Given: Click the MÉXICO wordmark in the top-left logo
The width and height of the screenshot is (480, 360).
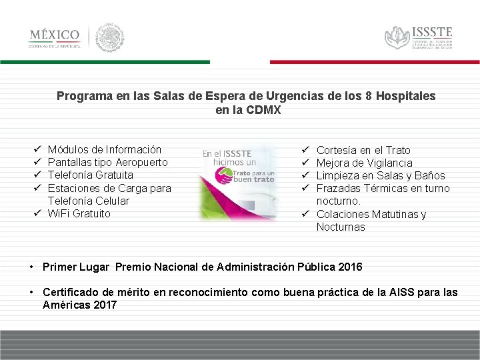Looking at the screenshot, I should [54, 35].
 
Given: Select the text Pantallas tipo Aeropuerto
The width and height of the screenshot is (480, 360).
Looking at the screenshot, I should [107, 163].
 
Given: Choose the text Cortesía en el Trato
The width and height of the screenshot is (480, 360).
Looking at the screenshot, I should [363, 151].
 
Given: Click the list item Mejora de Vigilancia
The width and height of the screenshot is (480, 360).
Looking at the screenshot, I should [364, 163].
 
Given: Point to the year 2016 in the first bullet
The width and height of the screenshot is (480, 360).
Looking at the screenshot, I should [350, 267].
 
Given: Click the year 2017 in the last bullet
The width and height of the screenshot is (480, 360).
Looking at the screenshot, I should [103, 305].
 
